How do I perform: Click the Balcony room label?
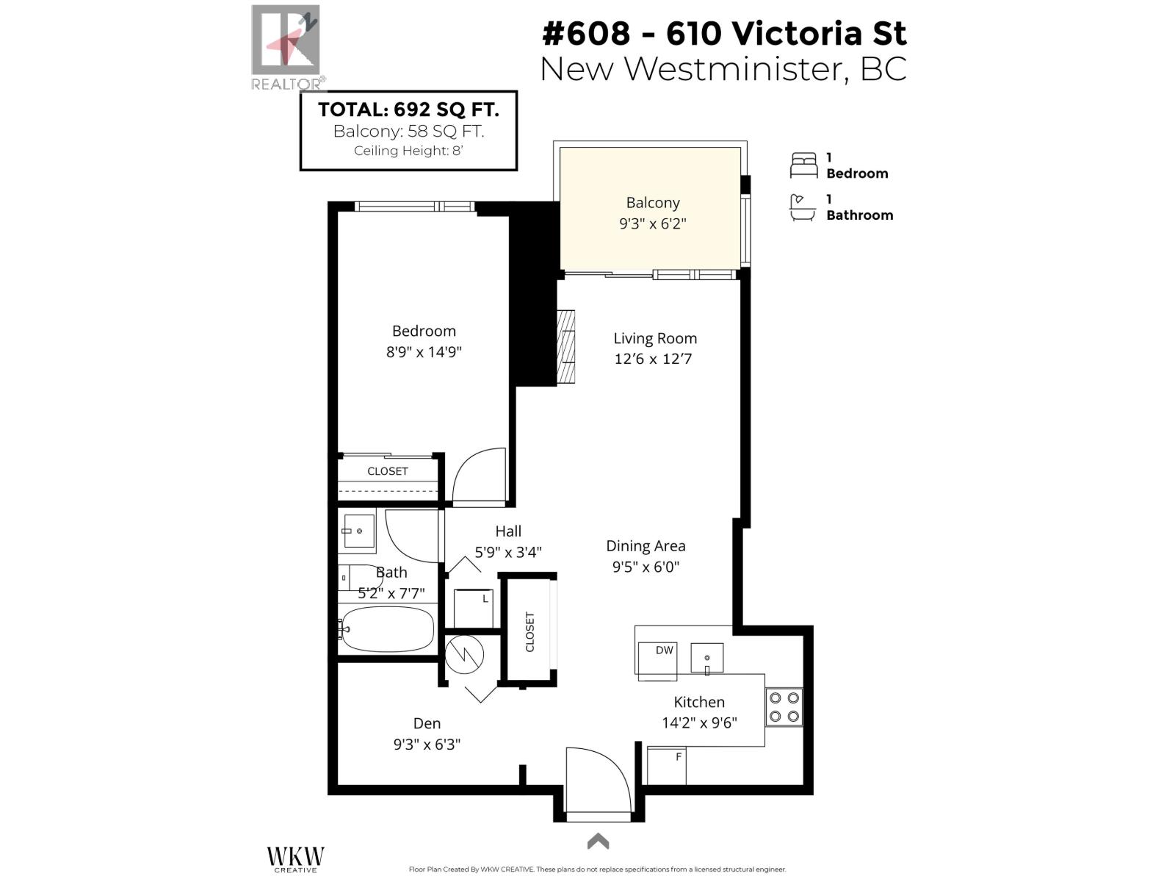click(x=652, y=203)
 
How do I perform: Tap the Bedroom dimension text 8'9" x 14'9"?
click(x=424, y=352)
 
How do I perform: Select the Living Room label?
click(x=655, y=339)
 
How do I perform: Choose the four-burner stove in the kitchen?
click(x=784, y=707)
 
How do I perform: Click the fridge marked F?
click(x=667, y=766)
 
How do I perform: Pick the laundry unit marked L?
click(x=474, y=608)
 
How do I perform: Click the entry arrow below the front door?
click(x=598, y=841)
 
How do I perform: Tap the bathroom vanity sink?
click(x=358, y=530)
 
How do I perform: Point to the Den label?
click(x=427, y=724)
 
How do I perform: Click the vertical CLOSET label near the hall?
click(x=529, y=631)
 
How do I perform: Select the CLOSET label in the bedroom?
click(x=388, y=471)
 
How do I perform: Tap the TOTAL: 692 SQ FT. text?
click(x=408, y=110)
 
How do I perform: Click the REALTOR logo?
click(x=286, y=49)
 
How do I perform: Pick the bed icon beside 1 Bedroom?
click(x=803, y=165)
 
